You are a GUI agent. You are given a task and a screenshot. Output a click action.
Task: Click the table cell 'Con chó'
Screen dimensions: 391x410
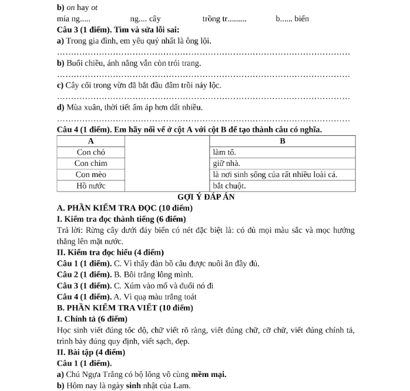(x=91, y=152)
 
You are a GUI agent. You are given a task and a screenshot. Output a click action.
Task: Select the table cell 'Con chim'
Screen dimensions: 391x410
(x=91, y=163)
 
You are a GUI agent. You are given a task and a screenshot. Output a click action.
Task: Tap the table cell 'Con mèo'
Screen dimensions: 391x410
(x=91, y=174)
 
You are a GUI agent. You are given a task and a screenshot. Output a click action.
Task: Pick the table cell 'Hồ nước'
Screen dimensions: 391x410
(x=91, y=185)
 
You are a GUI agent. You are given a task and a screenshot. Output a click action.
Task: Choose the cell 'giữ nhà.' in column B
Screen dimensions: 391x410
(x=227, y=163)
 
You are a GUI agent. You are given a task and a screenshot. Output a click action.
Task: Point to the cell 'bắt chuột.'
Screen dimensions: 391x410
(x=229, y=185)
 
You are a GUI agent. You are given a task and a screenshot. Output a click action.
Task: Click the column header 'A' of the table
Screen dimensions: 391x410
(x=91, y=141)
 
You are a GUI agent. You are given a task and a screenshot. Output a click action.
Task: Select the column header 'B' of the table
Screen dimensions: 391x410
(x=283, y=141)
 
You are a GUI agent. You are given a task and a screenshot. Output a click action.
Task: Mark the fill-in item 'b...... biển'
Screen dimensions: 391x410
(x=292, y=19)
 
